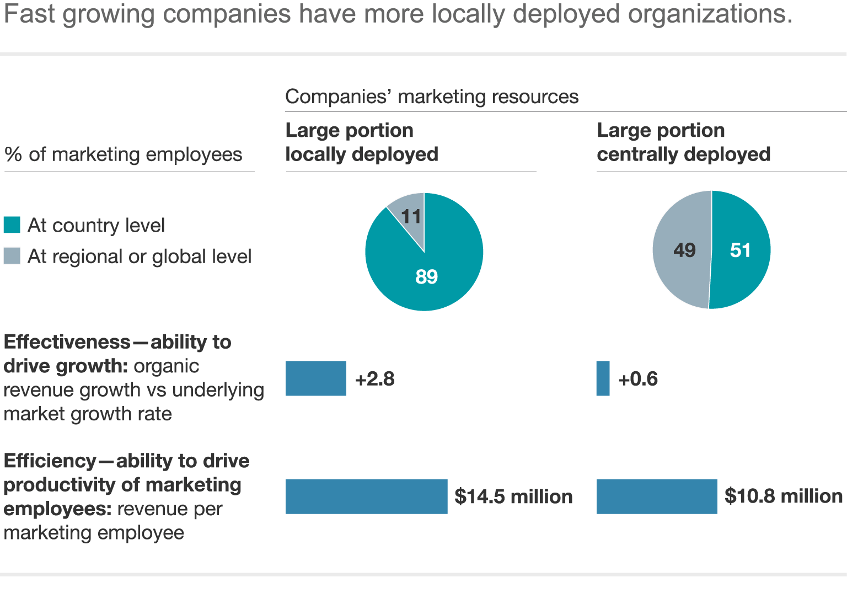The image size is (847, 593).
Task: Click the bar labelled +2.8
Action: [x=315, y=378]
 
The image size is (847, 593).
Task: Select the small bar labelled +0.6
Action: [x=603, y=378]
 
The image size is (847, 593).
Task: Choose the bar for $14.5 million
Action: [x=366, y=496]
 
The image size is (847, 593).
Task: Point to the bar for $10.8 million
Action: [x=657, y=496]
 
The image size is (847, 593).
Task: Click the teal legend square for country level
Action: [x=12, y=225]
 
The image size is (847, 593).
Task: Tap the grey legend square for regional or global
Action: [x=12, y=256]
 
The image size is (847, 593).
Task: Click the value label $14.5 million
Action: [x=513, y=496]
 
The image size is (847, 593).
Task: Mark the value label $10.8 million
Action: [x=783, y=496]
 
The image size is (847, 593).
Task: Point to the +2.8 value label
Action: [x=375, y=379]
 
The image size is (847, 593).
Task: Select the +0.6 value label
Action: [x=638, y=379]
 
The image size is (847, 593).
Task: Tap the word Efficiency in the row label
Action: [x=50, y=461]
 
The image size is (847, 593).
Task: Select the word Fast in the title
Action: [x=29, y=13]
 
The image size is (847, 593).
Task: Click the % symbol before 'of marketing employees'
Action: [x=13, y=154]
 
